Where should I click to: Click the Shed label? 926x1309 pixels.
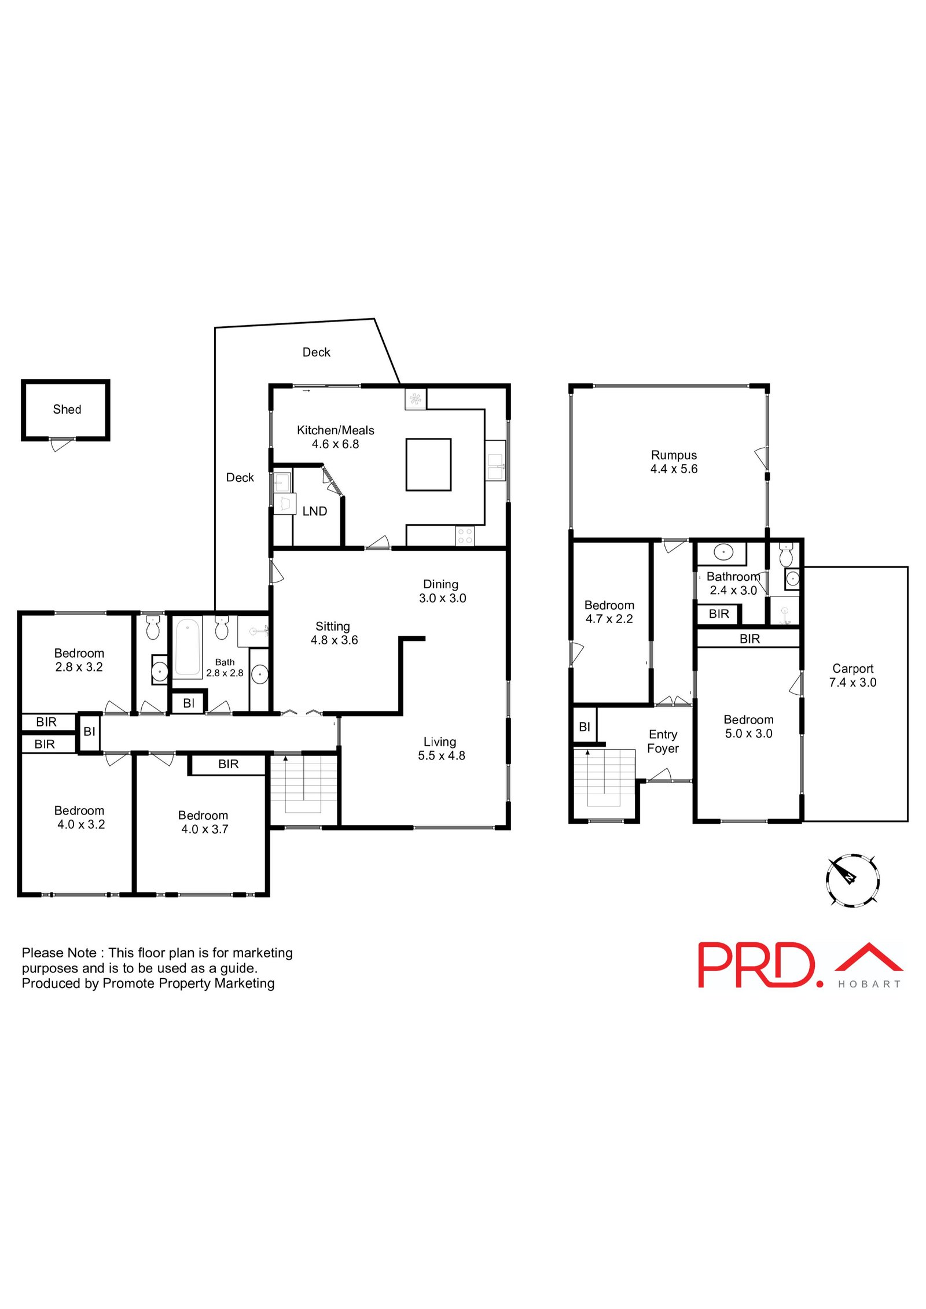[x=67, y=410]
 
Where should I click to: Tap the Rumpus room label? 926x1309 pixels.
[x=674, y=462]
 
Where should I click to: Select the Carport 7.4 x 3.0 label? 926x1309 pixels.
[x=852, y=675]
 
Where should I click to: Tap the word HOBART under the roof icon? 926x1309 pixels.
[x=869, y=984]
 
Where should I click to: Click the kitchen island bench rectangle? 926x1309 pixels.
[x=428, y=464]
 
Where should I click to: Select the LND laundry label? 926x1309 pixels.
[x=315, y=511]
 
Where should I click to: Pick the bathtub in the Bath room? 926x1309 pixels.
[x=188, y=647]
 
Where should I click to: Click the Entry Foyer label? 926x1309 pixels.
[x=663, y=741]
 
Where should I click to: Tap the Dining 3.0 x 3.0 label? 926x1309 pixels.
[x=442, y=591]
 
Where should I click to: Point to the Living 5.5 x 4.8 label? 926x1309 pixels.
[x=441, y=748]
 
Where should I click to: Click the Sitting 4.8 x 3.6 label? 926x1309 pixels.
[x=334, y=633]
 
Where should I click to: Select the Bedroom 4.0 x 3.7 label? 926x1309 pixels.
[x=204, y=822]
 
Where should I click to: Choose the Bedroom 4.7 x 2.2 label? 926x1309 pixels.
[x=609, y=612]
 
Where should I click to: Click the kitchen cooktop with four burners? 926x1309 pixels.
[x=465, y=536]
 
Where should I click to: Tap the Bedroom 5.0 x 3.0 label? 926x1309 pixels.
[x=748, y=727]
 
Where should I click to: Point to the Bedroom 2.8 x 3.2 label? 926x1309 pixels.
[x=79, y=660]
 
